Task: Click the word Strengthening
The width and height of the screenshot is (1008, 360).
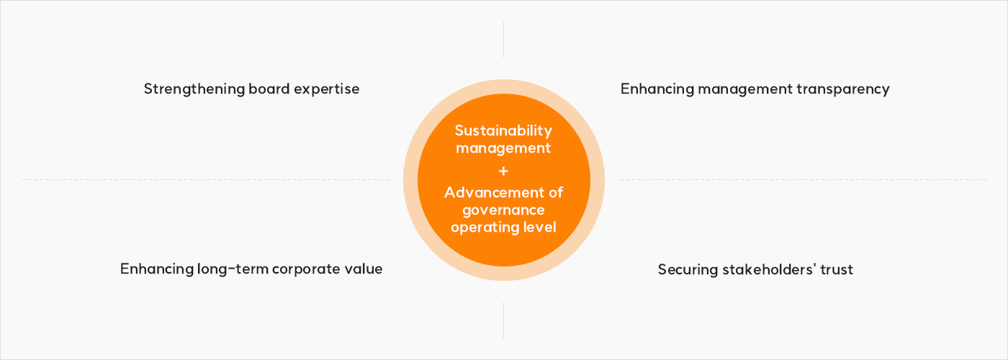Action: (x=194, y=89)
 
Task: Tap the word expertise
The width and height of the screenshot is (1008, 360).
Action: (x=327, y=89)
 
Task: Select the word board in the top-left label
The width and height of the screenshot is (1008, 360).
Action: (x=269, y=89)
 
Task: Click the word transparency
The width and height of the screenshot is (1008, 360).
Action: (x=843, y=89)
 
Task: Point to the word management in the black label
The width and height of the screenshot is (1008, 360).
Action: (x=745, y=89)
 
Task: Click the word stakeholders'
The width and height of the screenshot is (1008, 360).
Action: (x=769, y=269)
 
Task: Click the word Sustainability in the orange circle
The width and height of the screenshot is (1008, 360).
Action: (x=503, y=131)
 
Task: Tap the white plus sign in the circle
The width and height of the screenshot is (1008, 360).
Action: (x=503, y=171)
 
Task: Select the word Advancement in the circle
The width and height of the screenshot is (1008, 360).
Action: (x=495, y=193)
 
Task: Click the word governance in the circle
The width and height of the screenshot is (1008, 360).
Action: (x=503, y=210)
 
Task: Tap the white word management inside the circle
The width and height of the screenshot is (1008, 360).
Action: (x=503, y=148)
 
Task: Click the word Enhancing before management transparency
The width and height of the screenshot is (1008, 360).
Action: (x=657, y=89)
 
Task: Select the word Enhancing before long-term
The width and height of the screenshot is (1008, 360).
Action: (x=157, y=269)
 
